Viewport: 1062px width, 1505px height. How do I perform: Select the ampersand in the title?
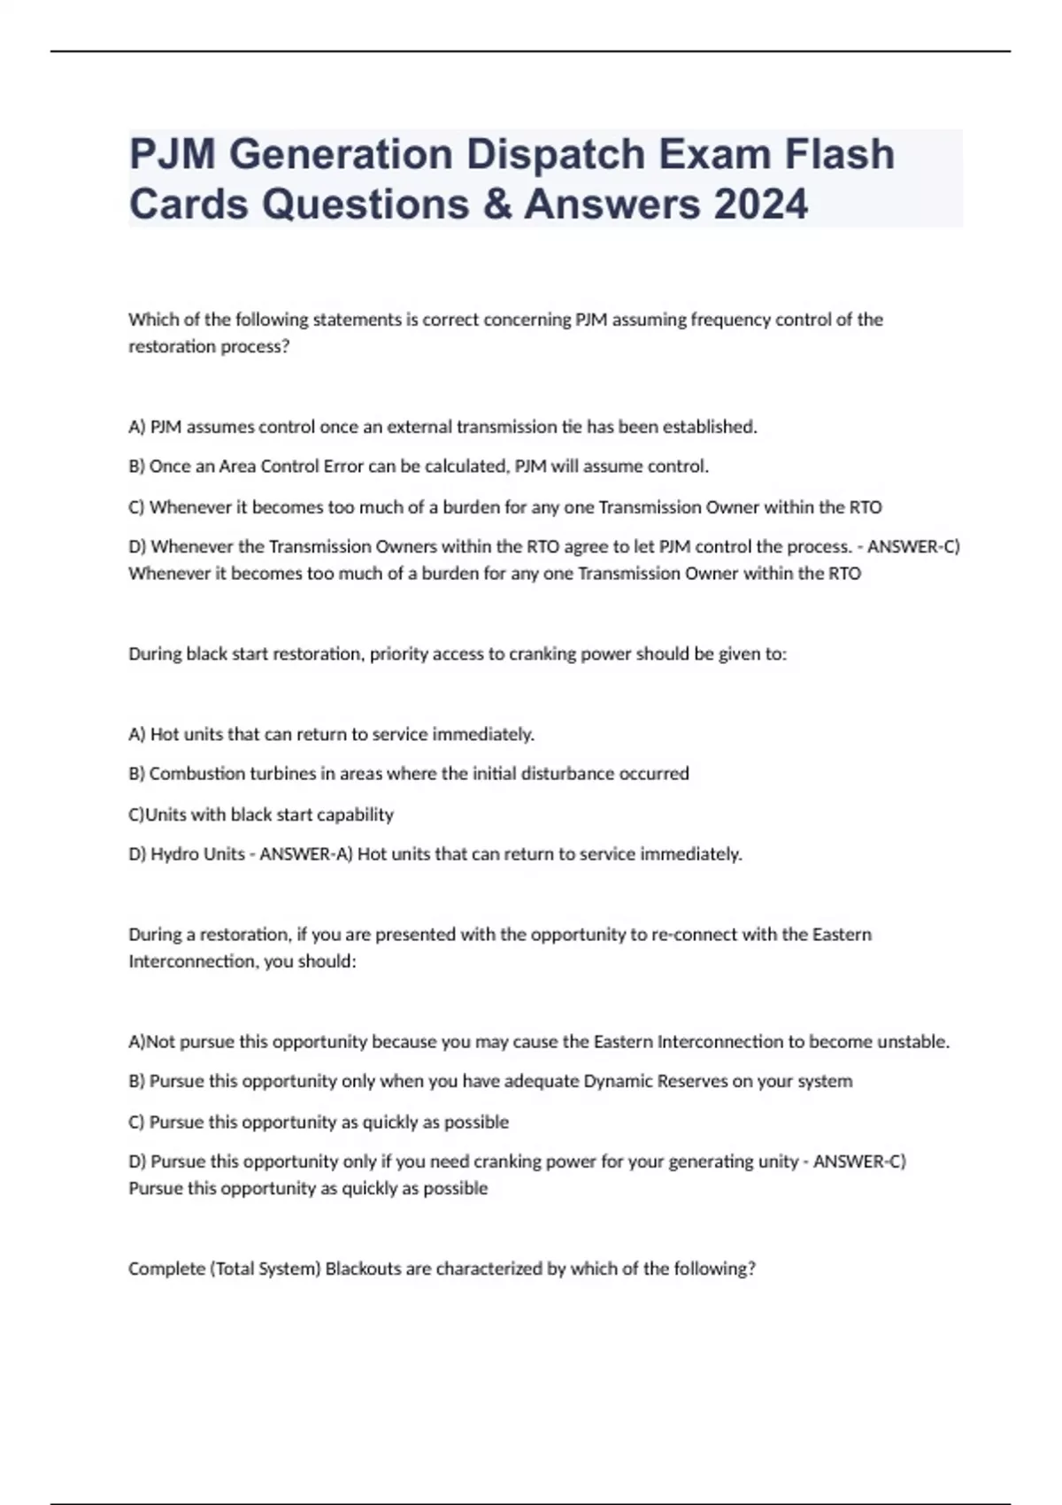point(496,205)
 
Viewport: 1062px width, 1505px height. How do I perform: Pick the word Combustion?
point(195,774)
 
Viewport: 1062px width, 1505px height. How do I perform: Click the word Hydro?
point(175,854)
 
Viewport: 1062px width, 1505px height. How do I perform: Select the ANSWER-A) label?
point(306,854)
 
